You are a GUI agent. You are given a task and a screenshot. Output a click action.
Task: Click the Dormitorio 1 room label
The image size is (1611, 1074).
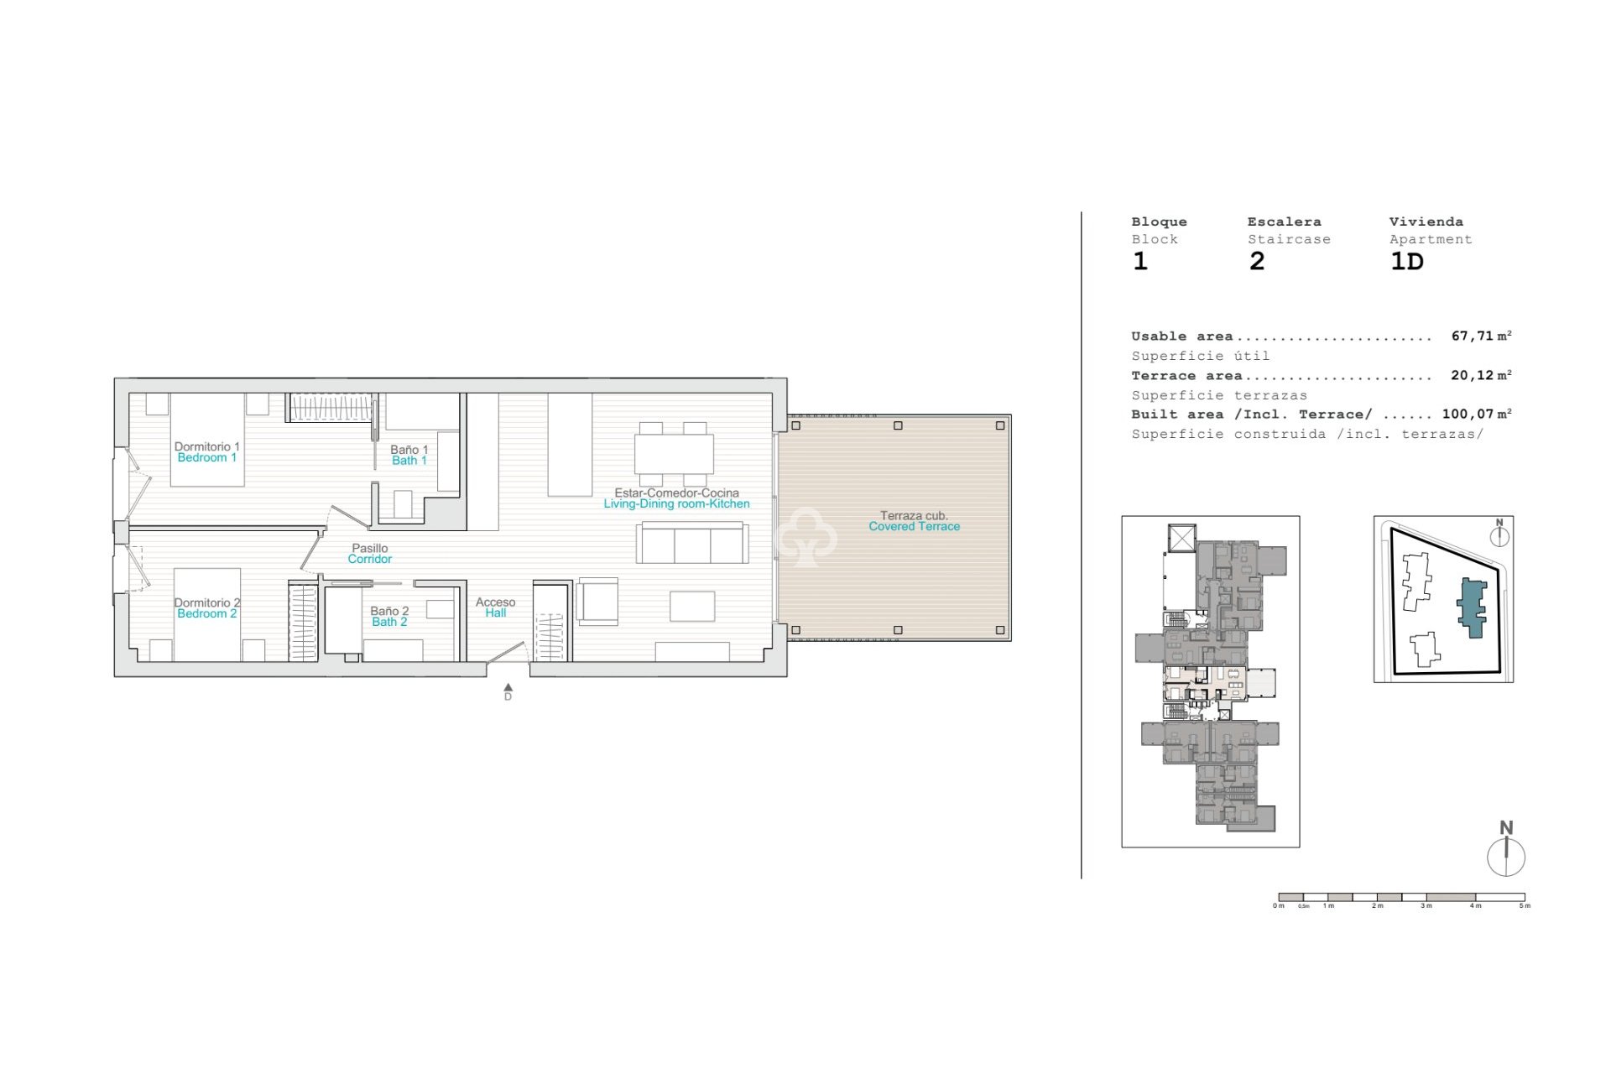206,447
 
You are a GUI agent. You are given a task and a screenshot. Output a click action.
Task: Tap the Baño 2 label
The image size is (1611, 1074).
389,612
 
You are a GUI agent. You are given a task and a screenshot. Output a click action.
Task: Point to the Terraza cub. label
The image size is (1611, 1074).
914,516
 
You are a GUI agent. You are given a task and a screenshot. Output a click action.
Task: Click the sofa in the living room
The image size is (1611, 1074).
692,543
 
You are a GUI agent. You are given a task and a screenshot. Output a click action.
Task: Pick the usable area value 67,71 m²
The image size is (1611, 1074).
1481,336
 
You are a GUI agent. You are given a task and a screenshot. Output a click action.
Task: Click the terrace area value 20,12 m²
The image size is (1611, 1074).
1481,375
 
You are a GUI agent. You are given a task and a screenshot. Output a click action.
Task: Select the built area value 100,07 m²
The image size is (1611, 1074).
1476,414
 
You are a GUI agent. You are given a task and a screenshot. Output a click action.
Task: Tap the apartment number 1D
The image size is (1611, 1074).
1407,261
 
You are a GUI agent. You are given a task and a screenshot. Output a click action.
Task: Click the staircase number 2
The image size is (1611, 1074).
1256,261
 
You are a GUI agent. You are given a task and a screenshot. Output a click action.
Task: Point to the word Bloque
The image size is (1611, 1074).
1159,222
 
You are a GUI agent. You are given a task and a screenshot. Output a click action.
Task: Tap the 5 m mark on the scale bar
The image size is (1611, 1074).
1525,905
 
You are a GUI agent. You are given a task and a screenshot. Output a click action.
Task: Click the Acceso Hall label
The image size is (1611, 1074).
495,607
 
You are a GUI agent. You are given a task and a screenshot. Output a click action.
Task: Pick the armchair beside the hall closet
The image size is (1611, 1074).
597,602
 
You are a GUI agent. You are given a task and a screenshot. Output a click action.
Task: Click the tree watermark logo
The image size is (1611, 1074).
806,537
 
